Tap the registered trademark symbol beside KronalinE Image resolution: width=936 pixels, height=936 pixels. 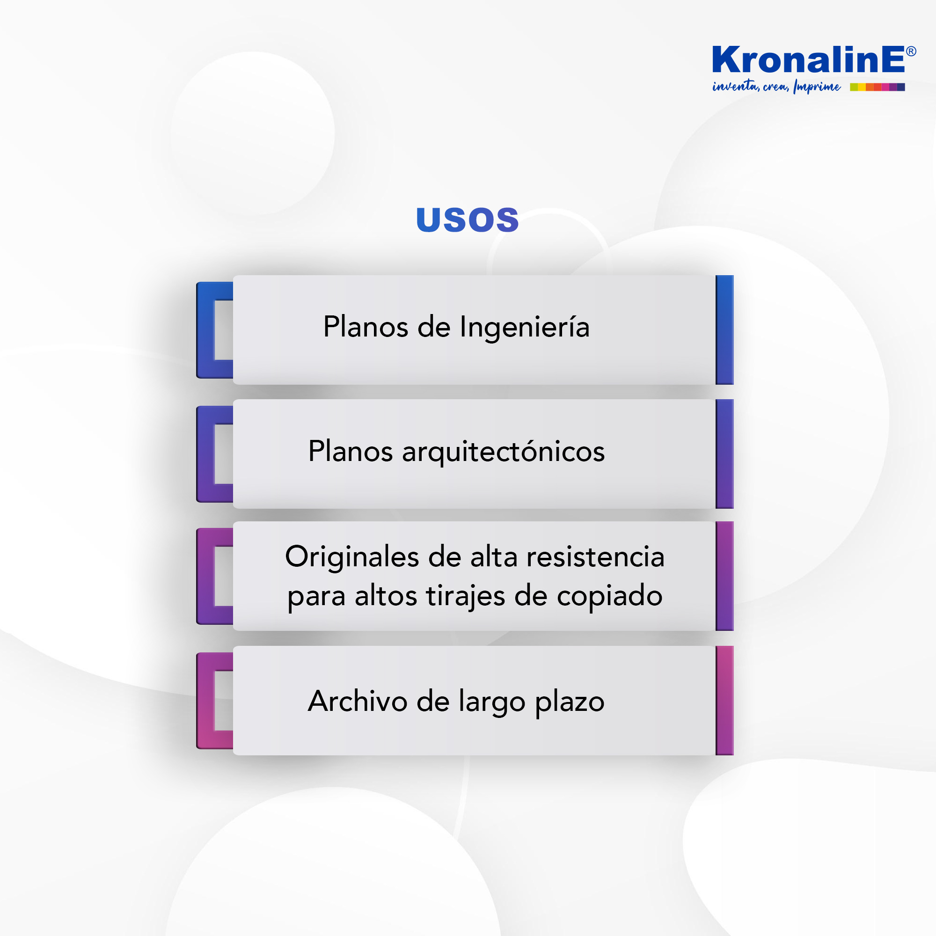pos(911,51)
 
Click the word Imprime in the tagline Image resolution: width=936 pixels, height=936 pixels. pos(817,87)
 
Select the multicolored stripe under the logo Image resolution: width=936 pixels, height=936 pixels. pos(877,87)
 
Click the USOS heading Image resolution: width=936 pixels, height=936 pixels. pos(468,220)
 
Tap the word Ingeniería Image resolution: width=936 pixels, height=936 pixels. pos(525,328)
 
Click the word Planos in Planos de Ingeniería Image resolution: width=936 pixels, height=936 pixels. pos(366,327)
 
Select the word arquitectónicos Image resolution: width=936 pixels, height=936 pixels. pos(504,452)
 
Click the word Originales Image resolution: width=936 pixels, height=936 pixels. pos(352,556)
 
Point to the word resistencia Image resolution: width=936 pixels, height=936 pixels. pos(595,556)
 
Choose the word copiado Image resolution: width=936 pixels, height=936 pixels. pos(609,597)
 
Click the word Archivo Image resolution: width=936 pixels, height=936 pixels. pos(358,701)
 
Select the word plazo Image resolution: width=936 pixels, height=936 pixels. pos(570,702)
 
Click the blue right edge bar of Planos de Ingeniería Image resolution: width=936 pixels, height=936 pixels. pos(724,330)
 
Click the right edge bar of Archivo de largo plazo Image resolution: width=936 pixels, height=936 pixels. pos(724,700)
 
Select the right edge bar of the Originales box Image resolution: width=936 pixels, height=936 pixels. pos(724,576)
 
